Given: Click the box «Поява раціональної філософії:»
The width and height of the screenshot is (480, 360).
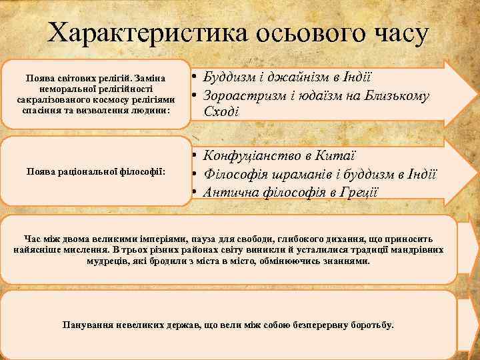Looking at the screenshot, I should pyautogui.click(x=96, y=171).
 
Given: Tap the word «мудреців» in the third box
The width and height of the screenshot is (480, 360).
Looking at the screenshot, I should pyautogui.click(x=110, y=261).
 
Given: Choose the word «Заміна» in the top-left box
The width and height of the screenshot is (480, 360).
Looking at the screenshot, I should pyautogui.click(x=151, y=78).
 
